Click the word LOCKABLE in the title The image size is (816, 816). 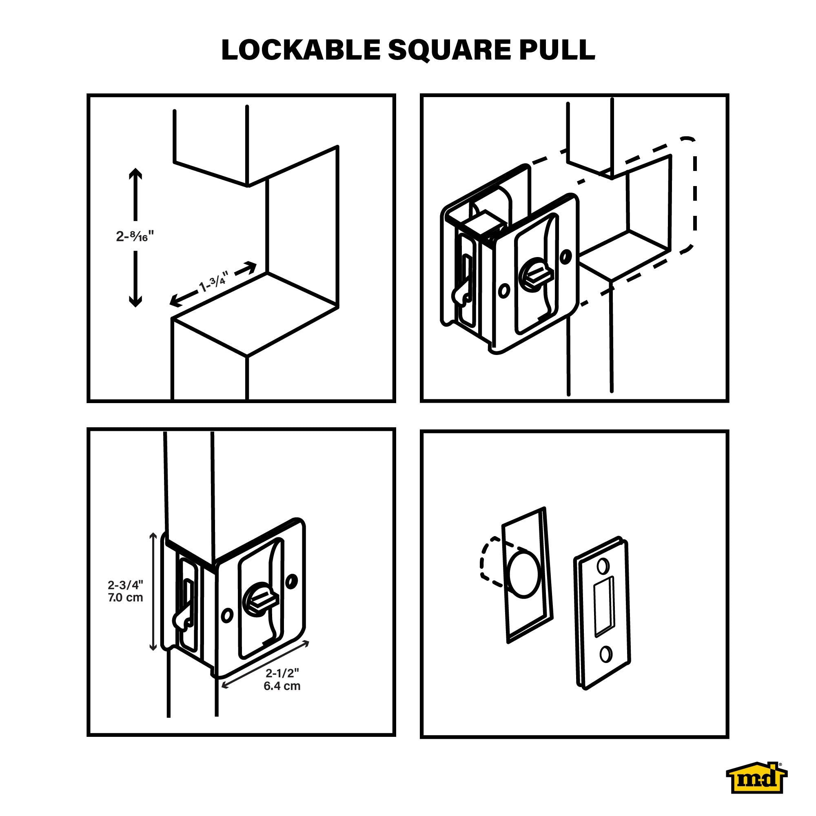tap(301, 50)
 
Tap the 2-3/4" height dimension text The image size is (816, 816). tap(125, 585)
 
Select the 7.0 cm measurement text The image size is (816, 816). tap(125, 598)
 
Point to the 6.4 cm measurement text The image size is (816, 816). tap(282, 686)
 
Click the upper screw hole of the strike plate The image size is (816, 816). tap(603, 565)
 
